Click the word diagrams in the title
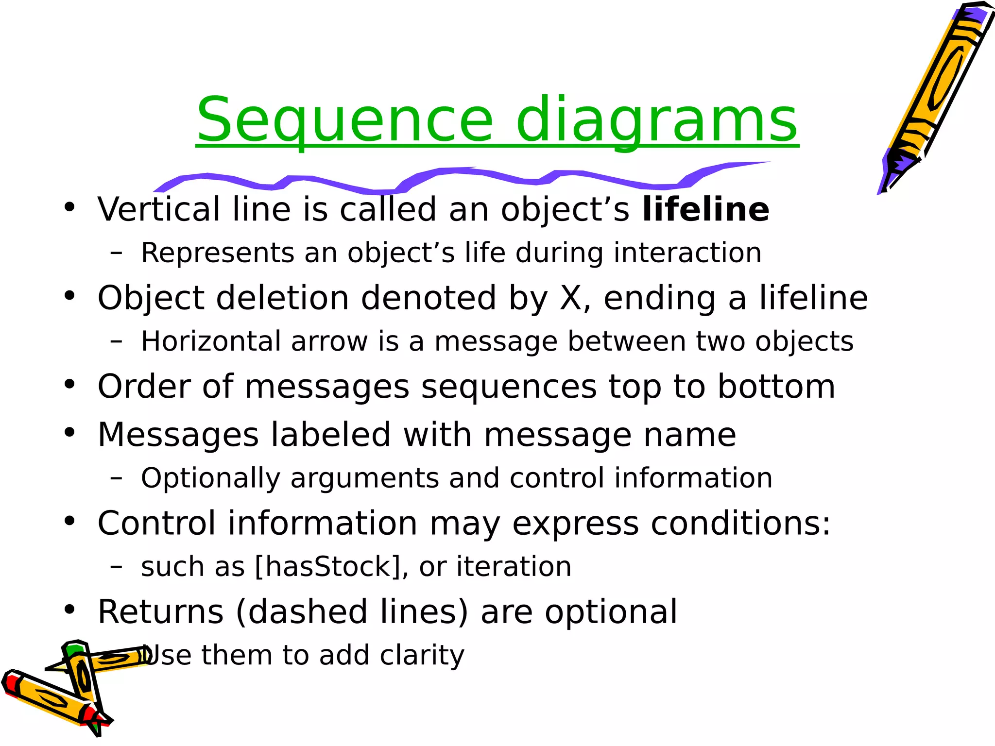click(656, 120)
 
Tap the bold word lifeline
click(705, 209)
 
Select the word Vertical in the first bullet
click(159, 209)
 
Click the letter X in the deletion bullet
click(571, 298)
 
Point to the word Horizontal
click(211, 341)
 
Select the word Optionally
click(211, 478)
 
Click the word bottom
click(776, 387)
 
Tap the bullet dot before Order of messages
click(69, 384)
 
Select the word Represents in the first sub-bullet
click(218, 253)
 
